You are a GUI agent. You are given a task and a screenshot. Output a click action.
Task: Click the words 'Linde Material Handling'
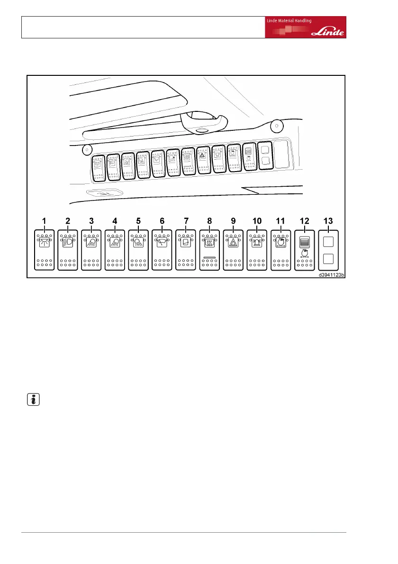click(288, 21)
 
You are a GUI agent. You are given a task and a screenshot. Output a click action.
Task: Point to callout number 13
click(328, 221)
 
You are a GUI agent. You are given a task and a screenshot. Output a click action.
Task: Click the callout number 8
click(209, 221)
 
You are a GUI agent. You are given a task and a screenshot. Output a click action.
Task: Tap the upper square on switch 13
click(328, 242)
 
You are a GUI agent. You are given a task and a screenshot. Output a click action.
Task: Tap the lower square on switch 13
click(328, 259)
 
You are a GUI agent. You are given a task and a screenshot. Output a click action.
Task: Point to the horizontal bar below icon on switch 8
click(209, 257)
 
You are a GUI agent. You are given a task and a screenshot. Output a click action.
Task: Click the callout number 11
click(280, 221)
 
